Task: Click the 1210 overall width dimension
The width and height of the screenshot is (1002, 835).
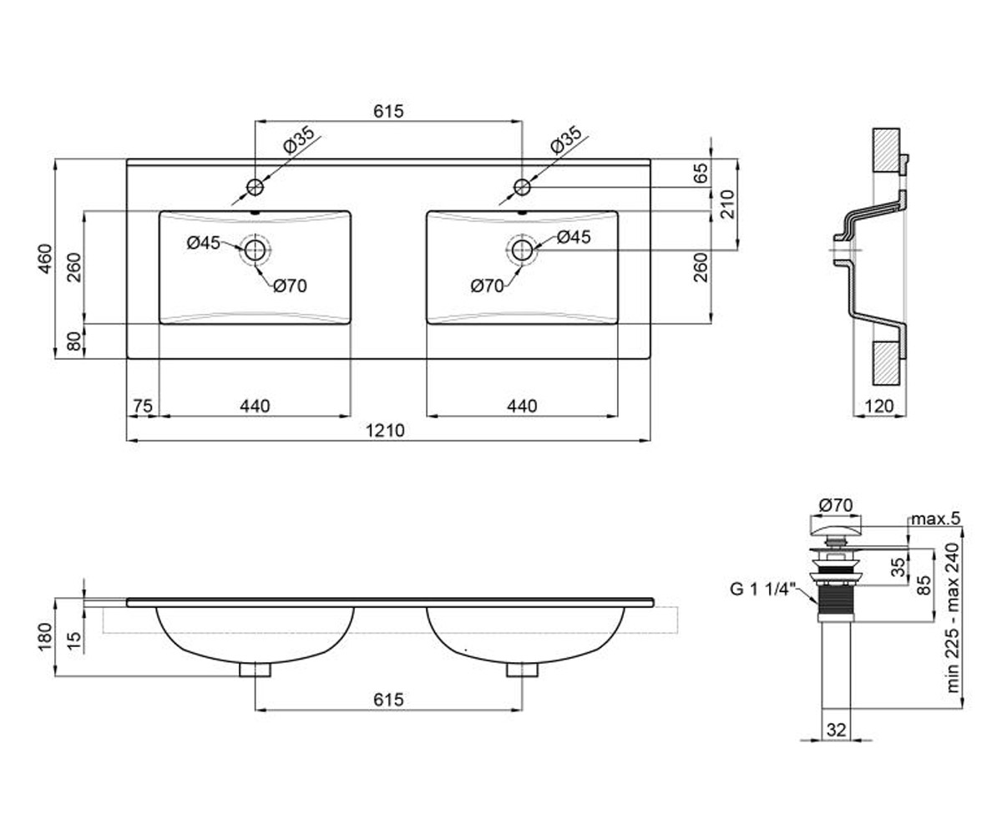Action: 385,431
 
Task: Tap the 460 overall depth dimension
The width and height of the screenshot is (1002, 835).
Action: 45,259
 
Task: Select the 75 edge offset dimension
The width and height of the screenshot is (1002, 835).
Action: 143,406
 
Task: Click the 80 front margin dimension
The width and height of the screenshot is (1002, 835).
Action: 74,342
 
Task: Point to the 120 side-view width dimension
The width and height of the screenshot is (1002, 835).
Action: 878,406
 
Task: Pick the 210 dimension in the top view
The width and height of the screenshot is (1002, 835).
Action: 727,205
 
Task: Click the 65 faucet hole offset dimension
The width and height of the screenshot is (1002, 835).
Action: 701,173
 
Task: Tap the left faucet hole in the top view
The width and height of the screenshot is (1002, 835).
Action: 255,187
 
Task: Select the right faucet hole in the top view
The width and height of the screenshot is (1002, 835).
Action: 522,187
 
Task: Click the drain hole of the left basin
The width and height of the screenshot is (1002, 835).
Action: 255,250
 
